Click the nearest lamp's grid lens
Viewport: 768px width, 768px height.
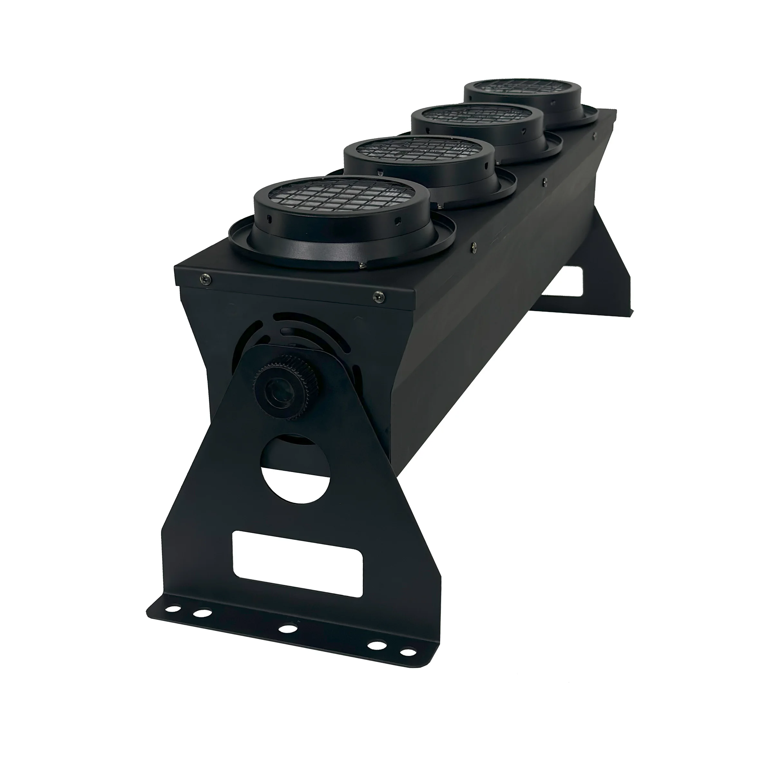[x=342, y=197]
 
